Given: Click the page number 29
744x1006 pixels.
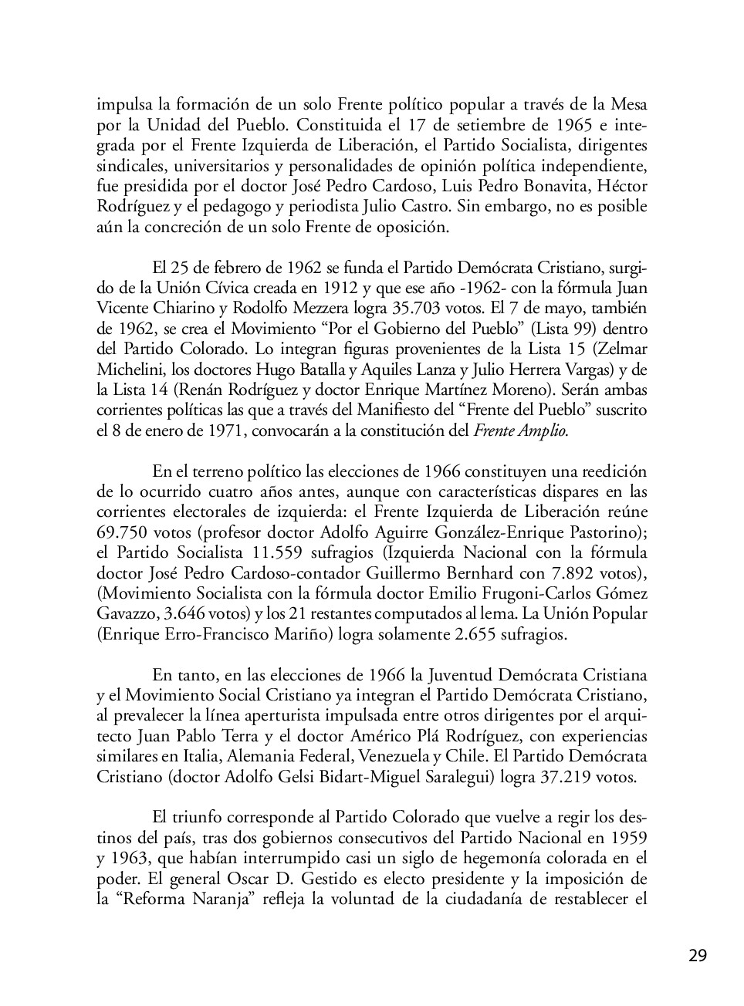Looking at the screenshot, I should pyautogui.click(x=697, y=955).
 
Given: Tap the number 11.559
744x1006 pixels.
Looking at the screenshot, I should pyautogui.click(x=278, y=552).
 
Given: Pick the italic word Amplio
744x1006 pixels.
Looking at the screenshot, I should pyautogui.click(x=542, y=430).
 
